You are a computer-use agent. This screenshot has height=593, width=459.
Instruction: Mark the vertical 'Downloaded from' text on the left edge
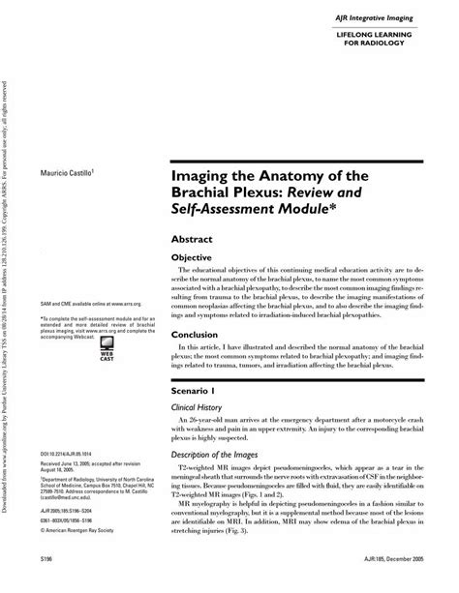(x=8, y=290)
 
